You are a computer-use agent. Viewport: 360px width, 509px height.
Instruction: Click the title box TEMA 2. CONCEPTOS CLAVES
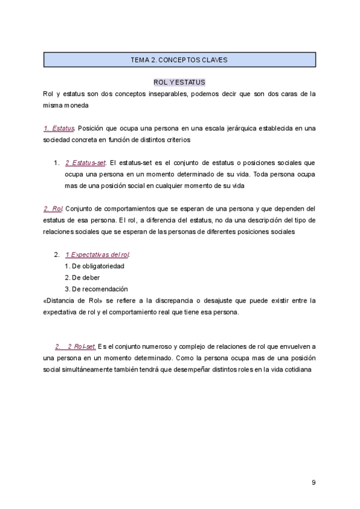pyautogui.click(x=179, y=60)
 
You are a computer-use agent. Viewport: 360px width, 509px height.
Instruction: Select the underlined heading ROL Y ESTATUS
pyautogui.click(x=179, y=82)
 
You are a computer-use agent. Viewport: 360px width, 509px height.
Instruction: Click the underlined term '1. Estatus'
pyautogui.click(x=59, y=128)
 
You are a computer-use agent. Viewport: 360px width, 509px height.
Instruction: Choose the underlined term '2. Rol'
pyautogui.click(x=53, y=208)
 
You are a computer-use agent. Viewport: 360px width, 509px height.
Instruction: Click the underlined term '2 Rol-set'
pyautogui.click(x=82, y=346)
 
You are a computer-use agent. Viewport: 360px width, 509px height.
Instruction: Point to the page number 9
pyautogui.click(x=314, y=483)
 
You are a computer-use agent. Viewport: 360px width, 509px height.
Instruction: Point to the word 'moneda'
pyautogui.click(x=78, y=105)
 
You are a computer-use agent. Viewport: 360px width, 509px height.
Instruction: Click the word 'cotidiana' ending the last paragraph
pyautogui.click(x=296, y=369)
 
